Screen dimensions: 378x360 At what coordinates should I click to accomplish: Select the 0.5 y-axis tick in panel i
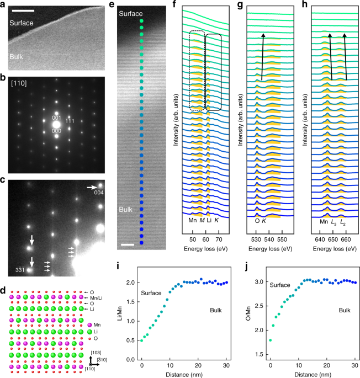[x=131, y=340]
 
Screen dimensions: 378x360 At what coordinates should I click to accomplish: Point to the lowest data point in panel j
[x=270, y=340]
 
